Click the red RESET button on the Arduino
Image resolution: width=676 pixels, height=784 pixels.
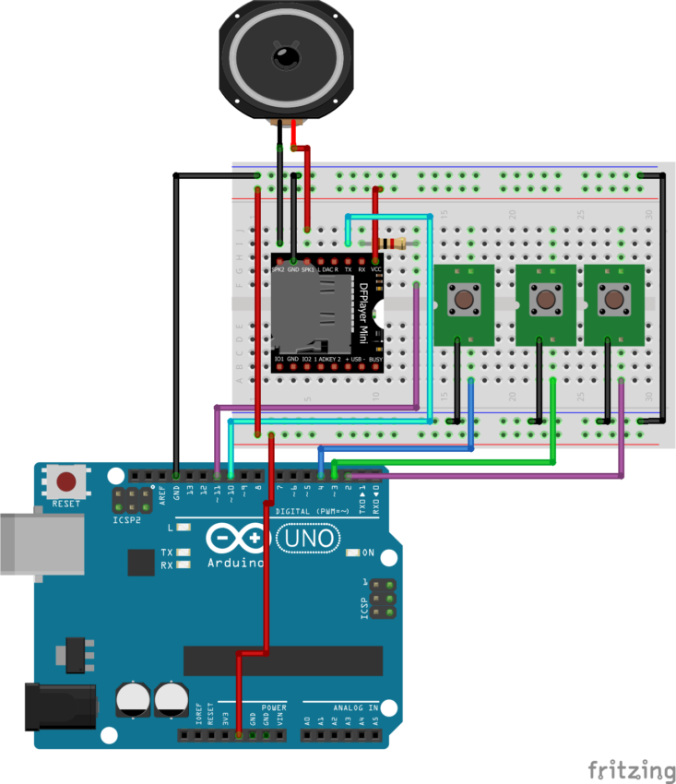66,481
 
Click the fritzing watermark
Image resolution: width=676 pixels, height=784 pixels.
632,768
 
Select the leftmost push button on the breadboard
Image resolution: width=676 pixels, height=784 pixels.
463,299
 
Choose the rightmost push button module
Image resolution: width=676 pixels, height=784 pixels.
613,299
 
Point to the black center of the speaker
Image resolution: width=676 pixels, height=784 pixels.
286,56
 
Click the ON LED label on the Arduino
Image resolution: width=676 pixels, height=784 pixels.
368,552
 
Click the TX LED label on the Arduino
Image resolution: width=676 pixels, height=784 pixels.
167,552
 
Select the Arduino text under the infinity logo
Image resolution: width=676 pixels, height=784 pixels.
237,563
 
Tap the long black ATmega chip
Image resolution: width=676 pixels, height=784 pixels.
282,660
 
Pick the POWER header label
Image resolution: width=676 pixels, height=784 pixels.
274,707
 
